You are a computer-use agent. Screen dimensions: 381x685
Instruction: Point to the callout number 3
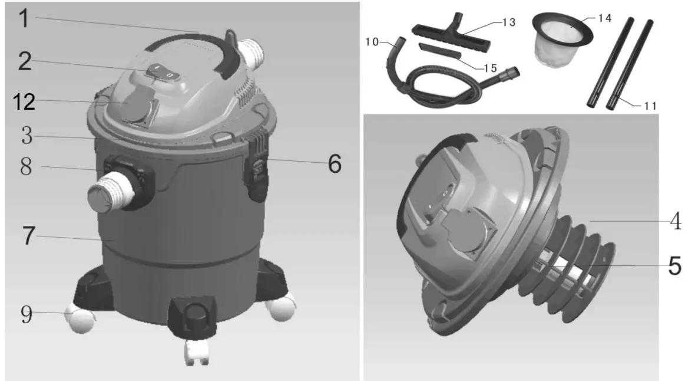[x=25, y=136]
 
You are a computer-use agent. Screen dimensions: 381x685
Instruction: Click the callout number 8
[x=25, y=167]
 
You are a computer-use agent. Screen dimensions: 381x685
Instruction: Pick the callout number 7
[x=25, y=236]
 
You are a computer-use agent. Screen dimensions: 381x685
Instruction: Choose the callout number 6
[x=334, y=164]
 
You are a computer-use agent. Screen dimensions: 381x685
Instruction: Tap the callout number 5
[x=674, y=265]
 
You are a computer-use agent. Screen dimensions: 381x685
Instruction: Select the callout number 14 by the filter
[x=604, y=18]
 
